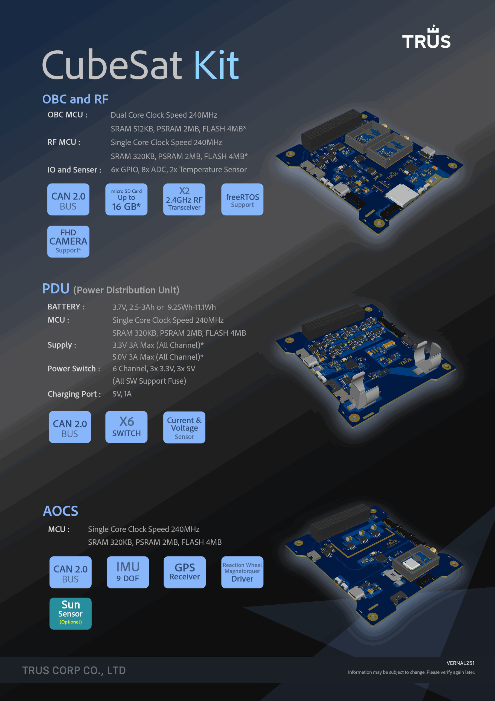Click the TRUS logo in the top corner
[426, 37]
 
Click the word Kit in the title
[216, 65]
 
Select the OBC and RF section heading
[75, 99]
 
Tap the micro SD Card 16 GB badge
[126, 199]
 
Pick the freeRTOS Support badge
[242, 199]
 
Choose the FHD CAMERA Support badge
[68, 242]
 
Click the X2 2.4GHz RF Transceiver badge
[184, 199]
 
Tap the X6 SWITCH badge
[126, 427]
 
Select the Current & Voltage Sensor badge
[184, 427]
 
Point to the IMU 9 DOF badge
[128, 572]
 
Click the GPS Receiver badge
[185, 572]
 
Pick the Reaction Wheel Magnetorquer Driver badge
[242, 572]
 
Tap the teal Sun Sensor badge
[71, 614]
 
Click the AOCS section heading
[60, 511]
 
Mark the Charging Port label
[74, 394]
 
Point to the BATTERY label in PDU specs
[66, 306]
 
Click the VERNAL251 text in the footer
[461, 663]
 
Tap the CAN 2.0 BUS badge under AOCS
[71, 572]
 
